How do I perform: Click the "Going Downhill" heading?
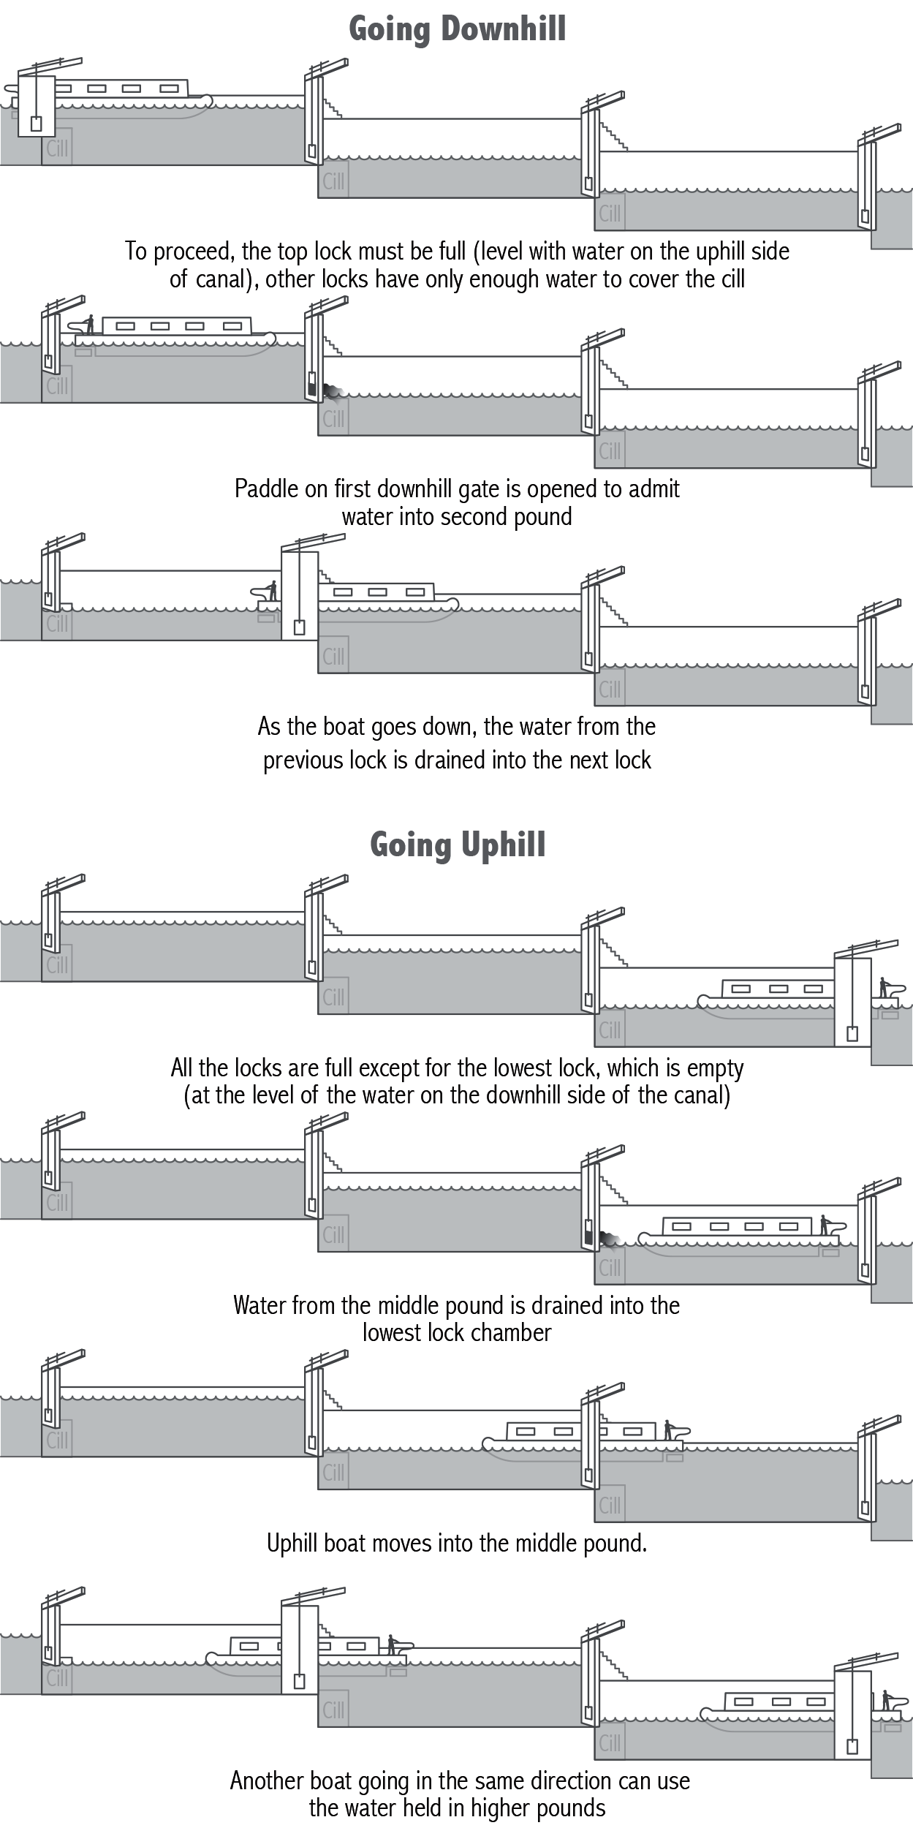[457, 29]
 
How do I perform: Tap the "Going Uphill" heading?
[458, 845]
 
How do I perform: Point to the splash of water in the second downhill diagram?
[334, 393]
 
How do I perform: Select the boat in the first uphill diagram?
[775, 994]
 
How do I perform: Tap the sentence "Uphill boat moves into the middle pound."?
[457, 1544]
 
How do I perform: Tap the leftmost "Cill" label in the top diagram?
[57, 148]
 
